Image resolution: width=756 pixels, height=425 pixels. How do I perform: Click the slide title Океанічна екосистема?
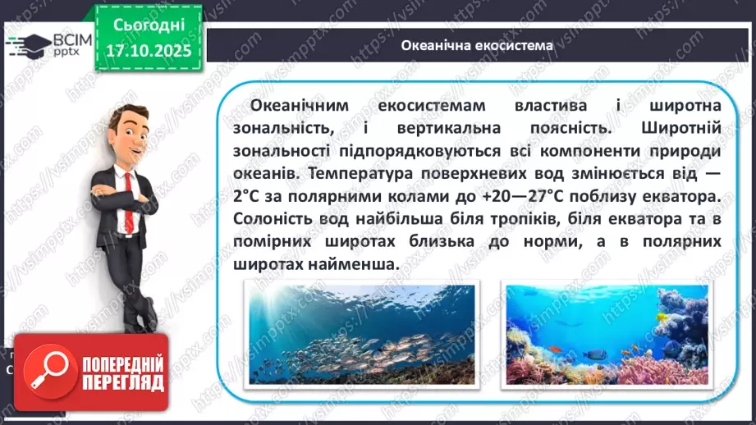(x=477, y=45)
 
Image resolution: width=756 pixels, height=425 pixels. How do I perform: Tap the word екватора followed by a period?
(x=677, y=197)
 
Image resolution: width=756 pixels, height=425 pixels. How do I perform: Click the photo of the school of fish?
(x=360, y=334)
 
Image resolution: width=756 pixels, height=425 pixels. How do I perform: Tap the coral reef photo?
(x=606, y=334)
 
